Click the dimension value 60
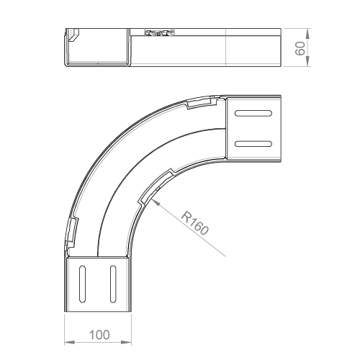(x=300, y=48)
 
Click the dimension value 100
(x=99, y=335)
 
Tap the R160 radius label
(x=194, y=223)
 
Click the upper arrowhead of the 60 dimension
(x=308, y=34)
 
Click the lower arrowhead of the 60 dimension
(x=308, y=61)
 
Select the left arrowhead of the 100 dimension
(x=70, y=342)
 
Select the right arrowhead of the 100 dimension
(x=126, y=342)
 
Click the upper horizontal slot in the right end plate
(x=253, y=113)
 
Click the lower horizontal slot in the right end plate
(x=253, y=144)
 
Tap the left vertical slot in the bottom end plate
(x=82, y=284)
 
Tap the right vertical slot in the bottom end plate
(x=113, y=284)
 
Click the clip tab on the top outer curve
(x=202, y=102)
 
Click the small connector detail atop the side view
(x=159, y=32)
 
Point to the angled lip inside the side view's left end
(x=74, y=35)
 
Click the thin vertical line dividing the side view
(x=226, y=48)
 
